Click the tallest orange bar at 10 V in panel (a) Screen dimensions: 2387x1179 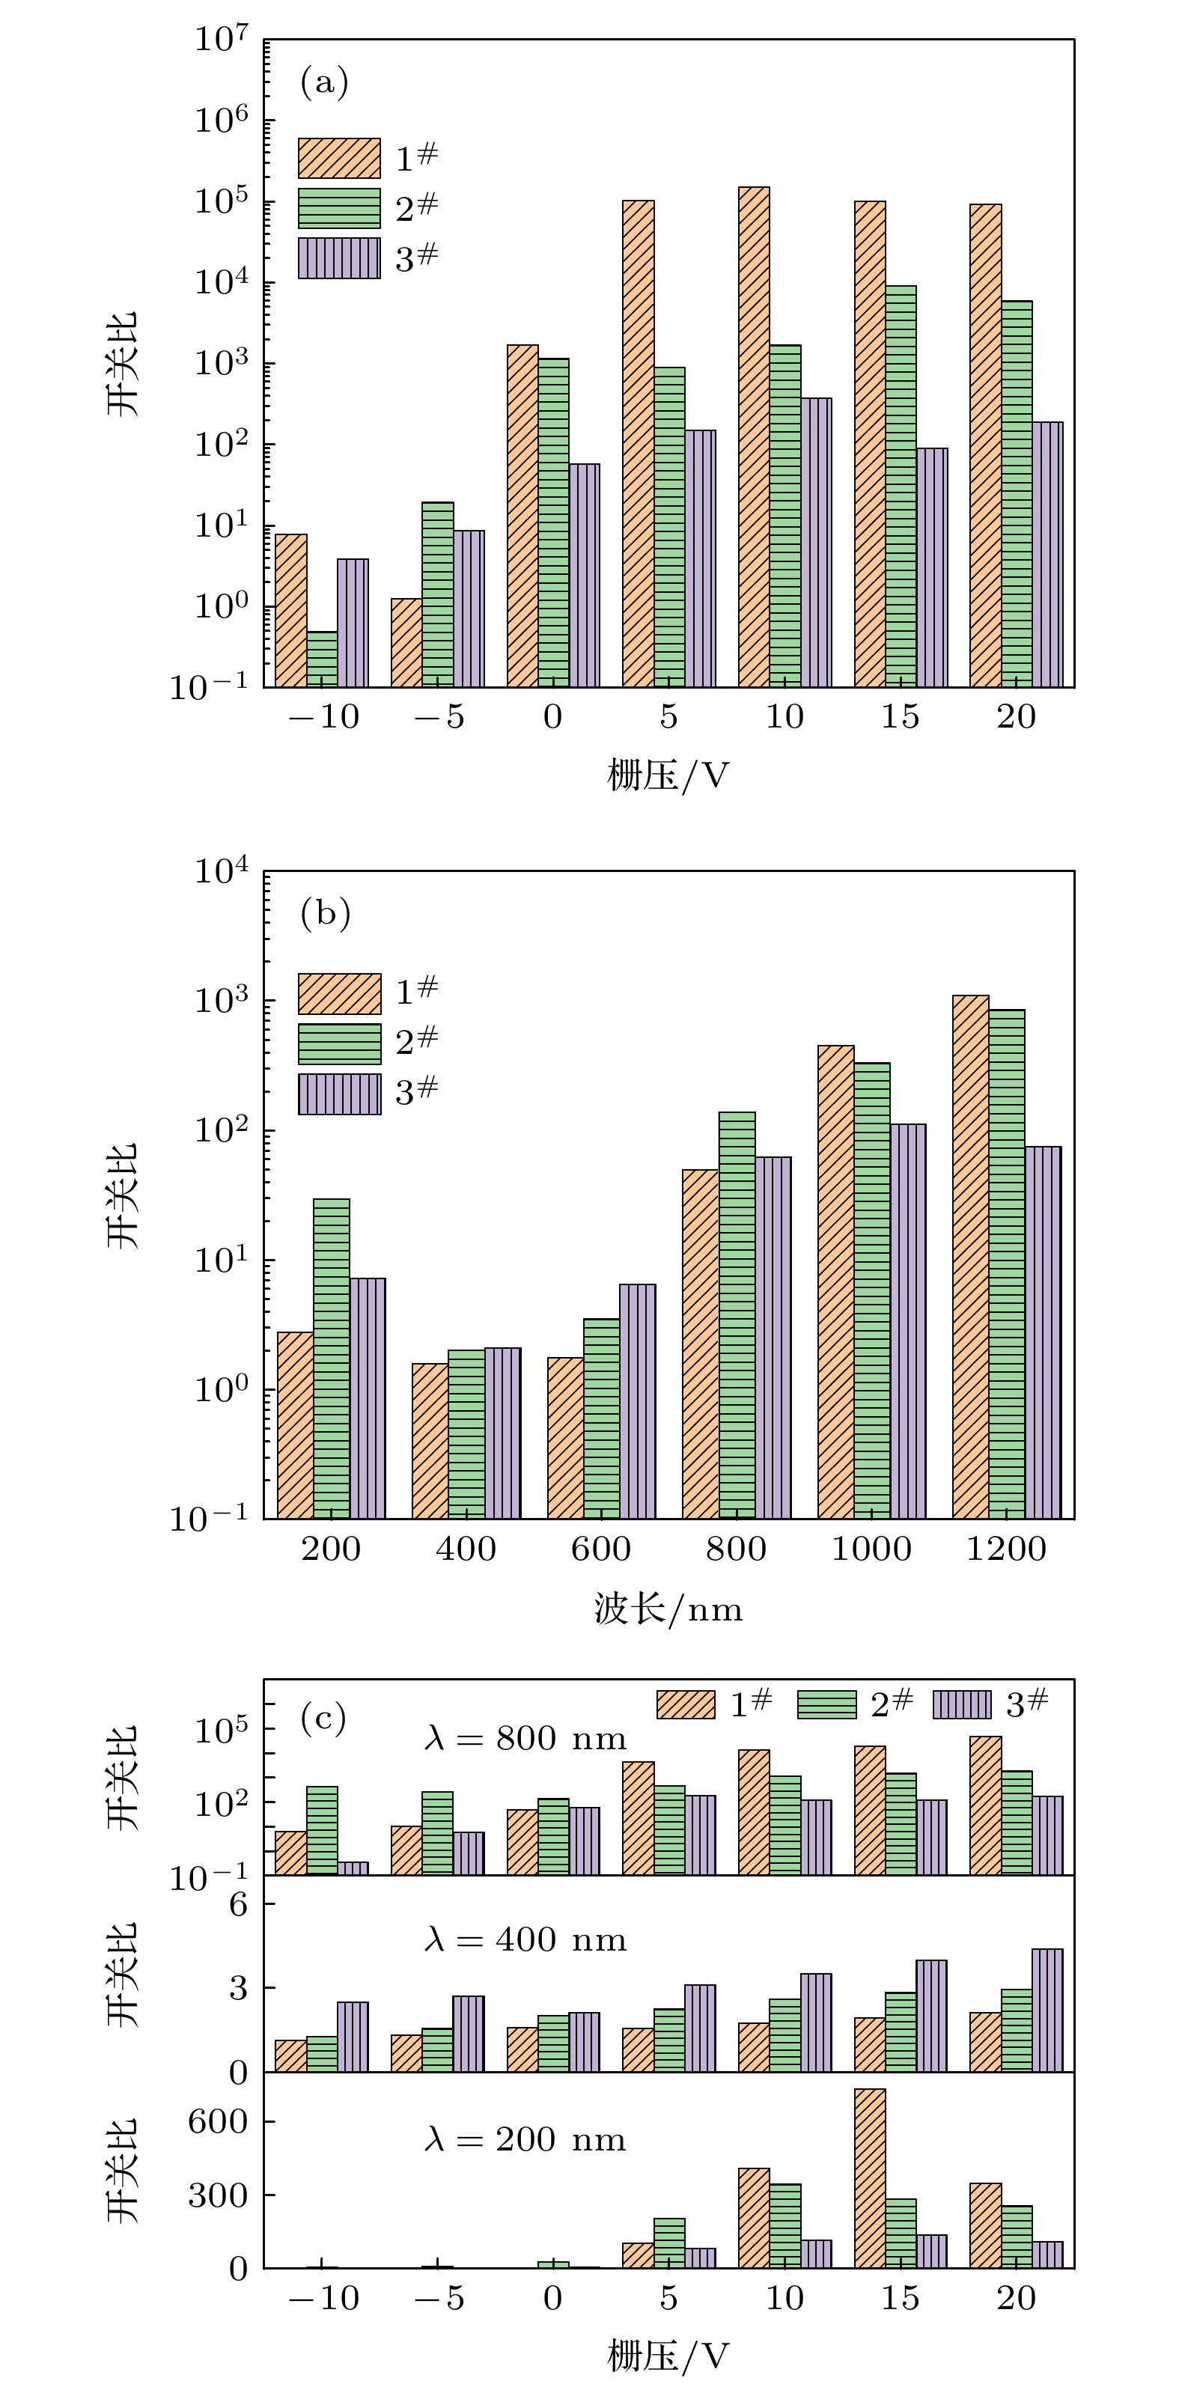[754, 436]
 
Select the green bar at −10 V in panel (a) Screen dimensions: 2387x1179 [322, 659]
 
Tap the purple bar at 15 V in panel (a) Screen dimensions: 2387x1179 [931, 567]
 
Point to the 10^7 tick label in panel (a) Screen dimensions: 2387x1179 [221, 40]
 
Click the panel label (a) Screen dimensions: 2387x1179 [323, 82]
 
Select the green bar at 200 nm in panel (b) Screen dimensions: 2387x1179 [331, 1359]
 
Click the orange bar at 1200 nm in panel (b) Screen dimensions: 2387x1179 [969, 1257]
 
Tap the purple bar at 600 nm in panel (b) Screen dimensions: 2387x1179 [637, 1401]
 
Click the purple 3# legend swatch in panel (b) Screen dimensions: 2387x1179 [339, 1094]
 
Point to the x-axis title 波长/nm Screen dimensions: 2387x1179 [668, 1609]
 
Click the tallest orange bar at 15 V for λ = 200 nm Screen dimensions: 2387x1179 [869, 2178]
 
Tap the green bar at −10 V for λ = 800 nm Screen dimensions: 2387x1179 [322, 1830]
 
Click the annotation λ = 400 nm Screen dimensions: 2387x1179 [525, 1939]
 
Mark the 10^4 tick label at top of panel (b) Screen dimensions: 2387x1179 [221, 872]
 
